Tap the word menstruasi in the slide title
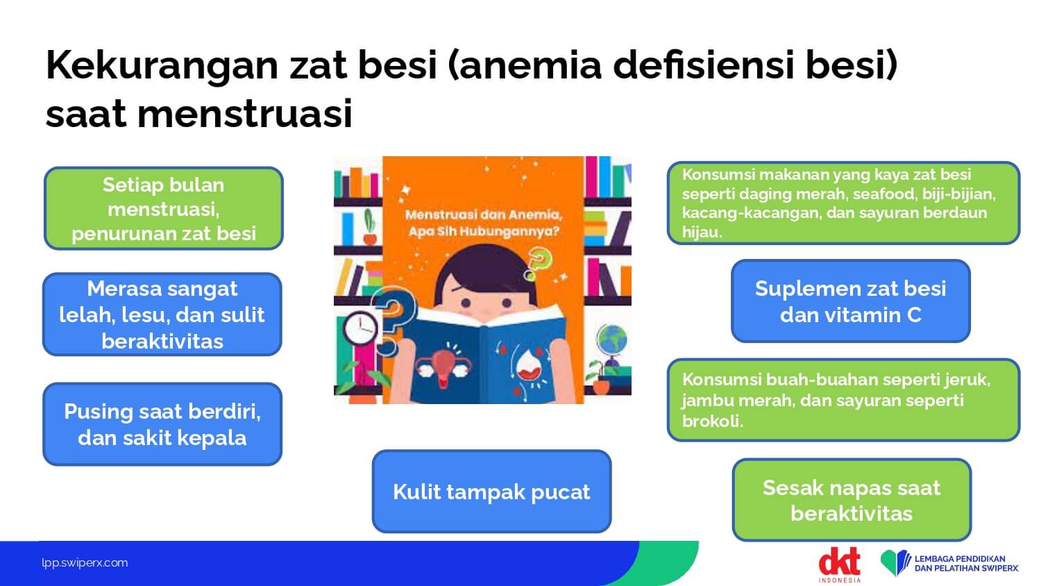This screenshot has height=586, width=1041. click(x=245, y=115)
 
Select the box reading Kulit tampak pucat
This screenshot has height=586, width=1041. click(x=491, y=492)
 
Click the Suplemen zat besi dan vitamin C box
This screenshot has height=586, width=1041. click(x=850, y=301)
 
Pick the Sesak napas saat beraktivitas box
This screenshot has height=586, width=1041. click(x=852, y=501)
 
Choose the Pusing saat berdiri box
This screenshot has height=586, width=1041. click(x=162, y=424)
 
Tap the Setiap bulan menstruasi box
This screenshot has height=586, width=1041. click(x=164, y=208)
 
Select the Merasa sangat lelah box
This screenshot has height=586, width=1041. click(x=162, y=315)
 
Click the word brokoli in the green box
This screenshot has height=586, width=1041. click(x=713, y=421)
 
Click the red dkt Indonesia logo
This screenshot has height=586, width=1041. click(x=839, y=564)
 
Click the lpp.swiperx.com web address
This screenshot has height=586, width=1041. click(x=85, y=563)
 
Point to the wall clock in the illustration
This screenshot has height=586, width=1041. click(x=360, y=328)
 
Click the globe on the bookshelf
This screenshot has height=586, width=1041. click(x=611, y=340)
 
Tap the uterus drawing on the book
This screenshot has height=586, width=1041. click(x=444, y=367)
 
